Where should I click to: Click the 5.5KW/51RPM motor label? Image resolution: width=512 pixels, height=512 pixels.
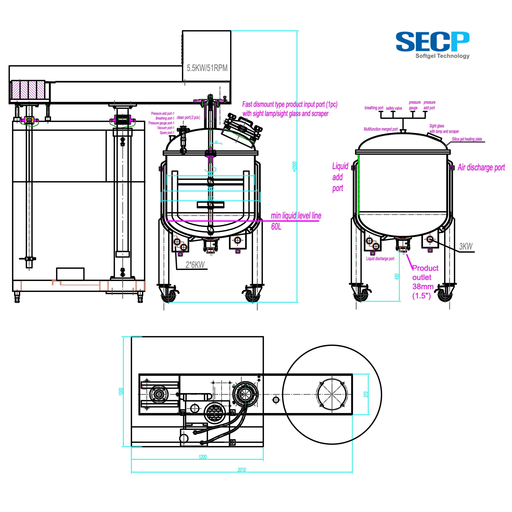click(207, 68)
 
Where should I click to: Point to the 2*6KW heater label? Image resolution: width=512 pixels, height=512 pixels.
click(195, 265)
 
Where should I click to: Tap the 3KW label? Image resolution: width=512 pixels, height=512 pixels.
click(466, 246)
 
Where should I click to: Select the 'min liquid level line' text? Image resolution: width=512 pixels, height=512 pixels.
click(296, 216)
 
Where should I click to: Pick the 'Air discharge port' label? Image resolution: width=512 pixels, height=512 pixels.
click(481, 168)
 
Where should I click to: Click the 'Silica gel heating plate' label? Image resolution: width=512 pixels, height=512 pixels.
click(467, 139)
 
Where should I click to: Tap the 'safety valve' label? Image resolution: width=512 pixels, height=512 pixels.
click(394, 108)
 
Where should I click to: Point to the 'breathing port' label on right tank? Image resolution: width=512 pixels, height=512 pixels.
click(374, 108)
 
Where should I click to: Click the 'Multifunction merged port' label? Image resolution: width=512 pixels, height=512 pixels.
click(381, 129)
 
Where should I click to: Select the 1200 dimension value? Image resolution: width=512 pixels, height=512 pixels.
click(203, 457)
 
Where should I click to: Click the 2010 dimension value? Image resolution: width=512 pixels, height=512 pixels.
click(242, 470)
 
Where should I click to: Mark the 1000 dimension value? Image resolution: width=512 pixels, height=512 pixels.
click(121, 391)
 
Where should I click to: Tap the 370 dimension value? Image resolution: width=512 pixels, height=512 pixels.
click(366, 394)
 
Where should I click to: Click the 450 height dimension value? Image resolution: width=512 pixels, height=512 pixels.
click(397, 277)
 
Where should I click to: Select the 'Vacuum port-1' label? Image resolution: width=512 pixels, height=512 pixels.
click(166, 128)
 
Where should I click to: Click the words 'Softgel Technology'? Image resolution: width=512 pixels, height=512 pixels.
click(442, 56)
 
